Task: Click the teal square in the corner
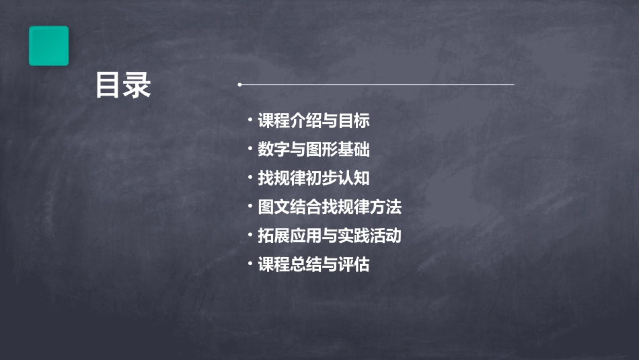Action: [48, 46]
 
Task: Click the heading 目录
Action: [123, 85]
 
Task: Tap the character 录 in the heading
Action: [138, 85]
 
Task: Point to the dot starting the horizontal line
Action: [239, 85]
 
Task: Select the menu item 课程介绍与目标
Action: [313, 121]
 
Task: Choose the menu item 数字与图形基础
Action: [313, 149]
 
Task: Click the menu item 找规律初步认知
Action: [313, 178]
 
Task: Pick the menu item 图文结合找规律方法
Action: [330, 207]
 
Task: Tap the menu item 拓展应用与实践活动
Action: [330, 236]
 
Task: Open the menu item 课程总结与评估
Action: [313, 264]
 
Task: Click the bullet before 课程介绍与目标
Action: [250, 120]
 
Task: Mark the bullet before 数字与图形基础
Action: [250, 149]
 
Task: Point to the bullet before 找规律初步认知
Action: [250, 178]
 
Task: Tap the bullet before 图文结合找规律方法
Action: [250, 207]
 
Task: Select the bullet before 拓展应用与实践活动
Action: [250, 236]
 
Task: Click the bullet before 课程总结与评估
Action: [250, 264]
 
